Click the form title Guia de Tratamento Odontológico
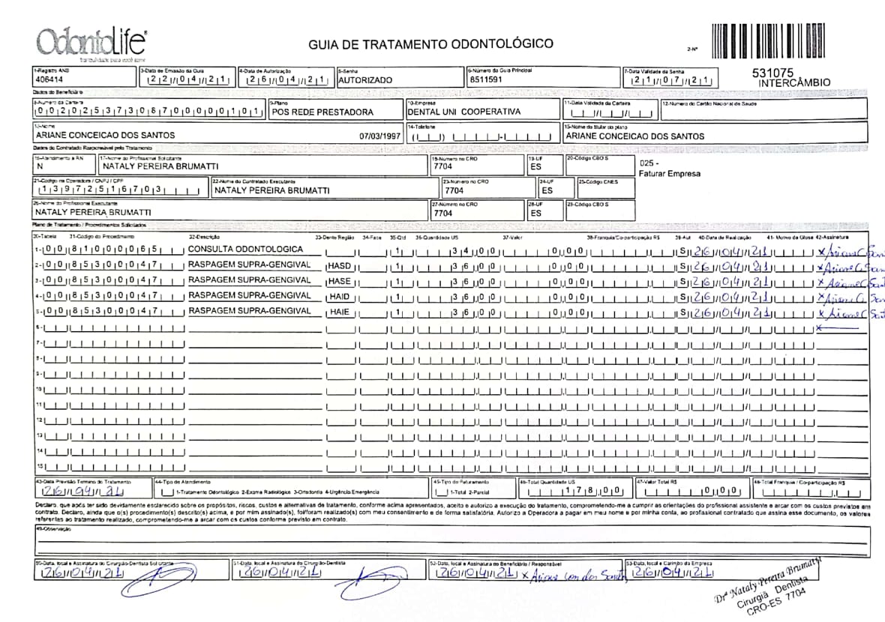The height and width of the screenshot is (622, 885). tap(431, 44)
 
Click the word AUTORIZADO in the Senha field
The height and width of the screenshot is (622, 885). tap(365, 79)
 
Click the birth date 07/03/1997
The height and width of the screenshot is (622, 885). tap(381, 136)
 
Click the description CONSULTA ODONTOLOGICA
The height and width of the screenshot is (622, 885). tap(245, 249)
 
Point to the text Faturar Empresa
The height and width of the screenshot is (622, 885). tap(669, 174)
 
